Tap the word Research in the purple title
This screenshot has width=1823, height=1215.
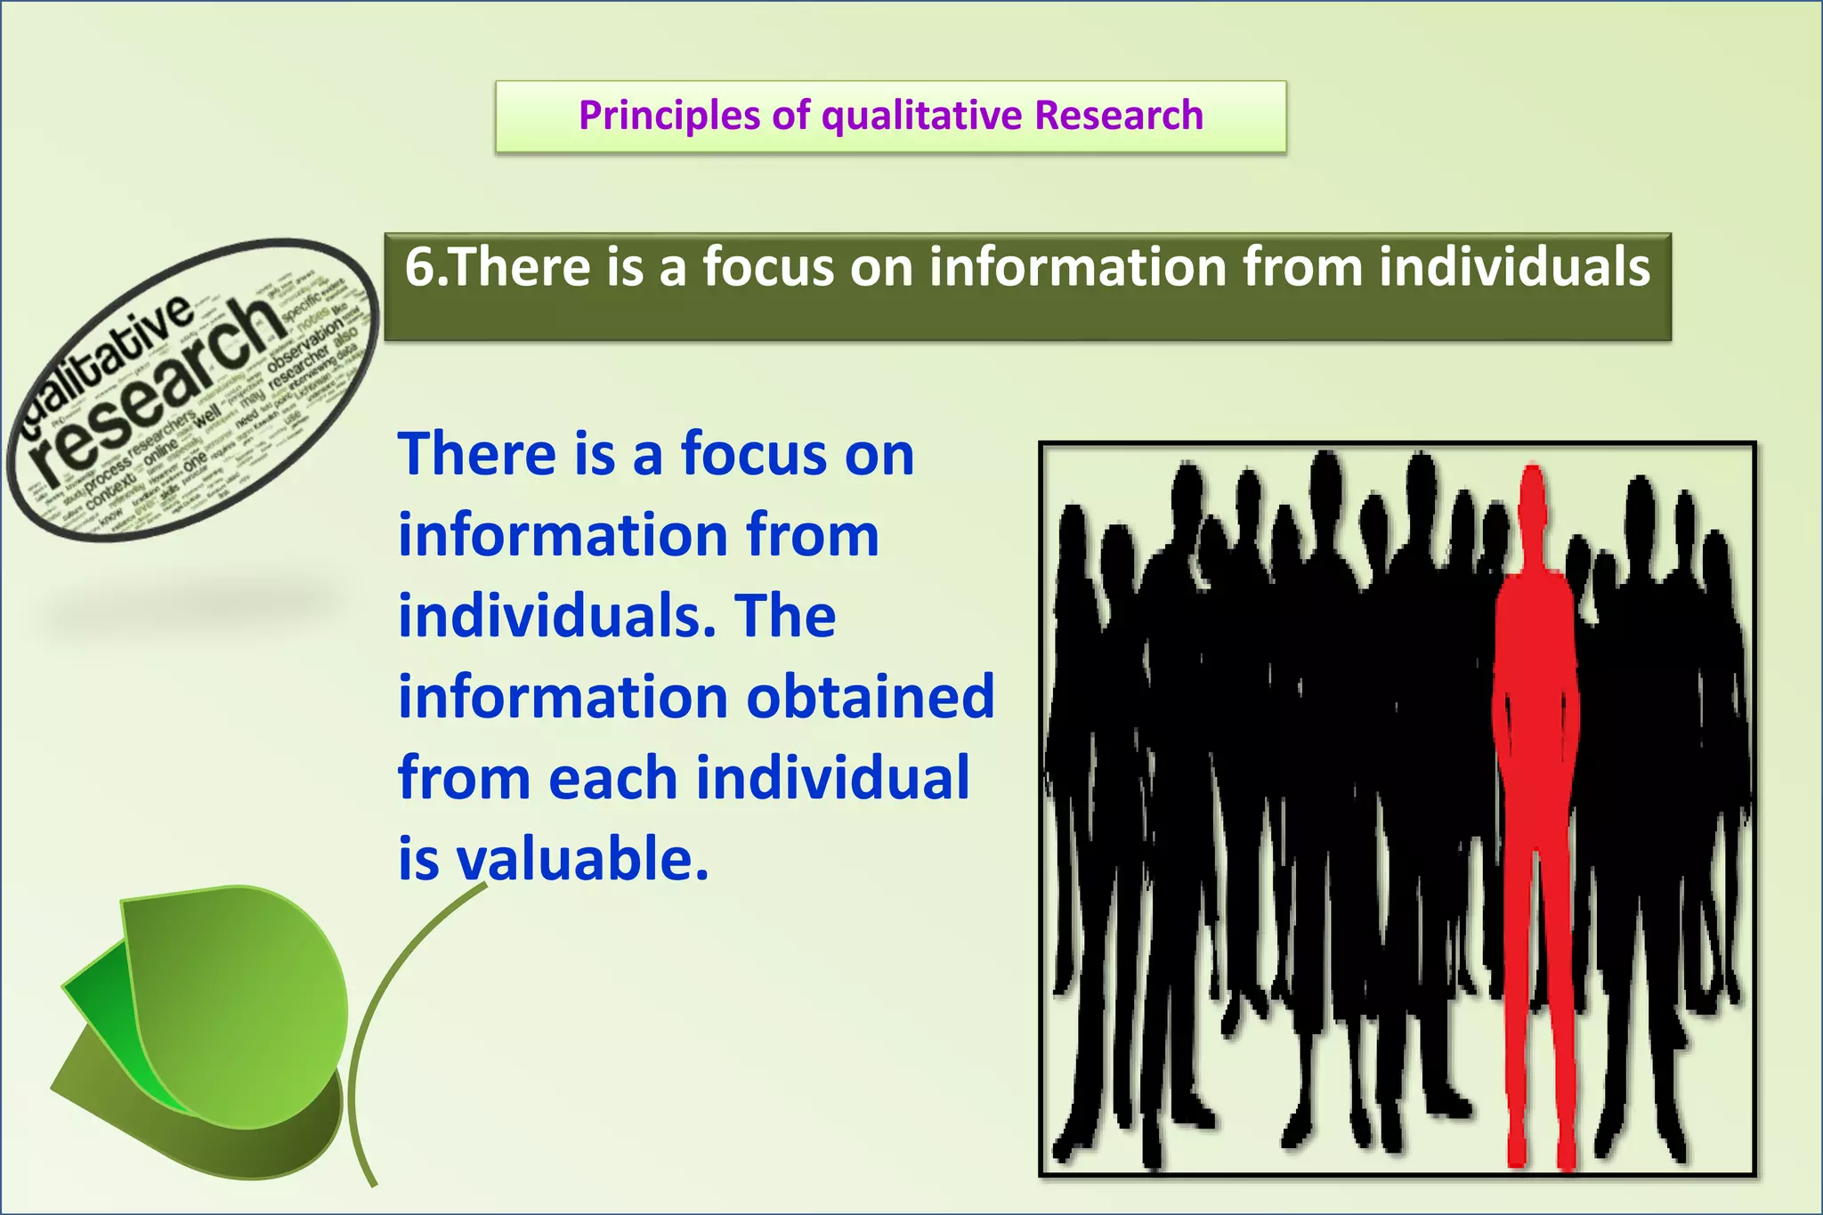[1119, 116]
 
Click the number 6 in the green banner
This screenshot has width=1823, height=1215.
[419, 267]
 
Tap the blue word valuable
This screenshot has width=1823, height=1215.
[583, 860]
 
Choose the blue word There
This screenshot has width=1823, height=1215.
[477, 454]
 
